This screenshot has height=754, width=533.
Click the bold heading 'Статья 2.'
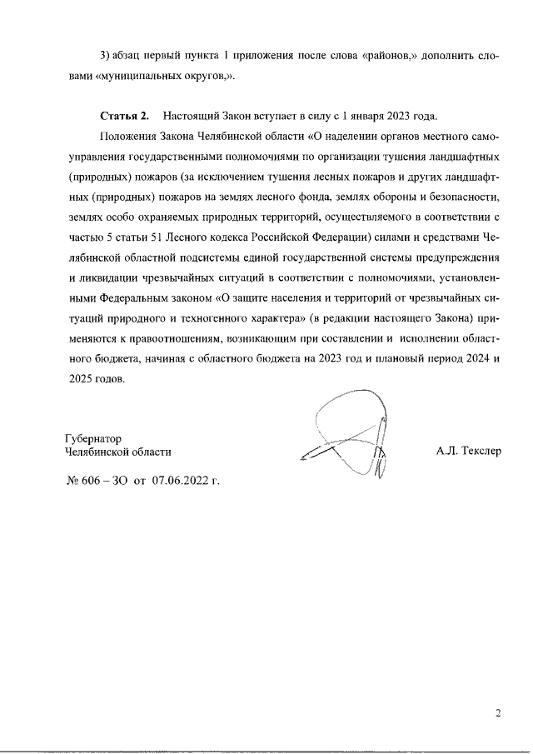[x=123, y=115]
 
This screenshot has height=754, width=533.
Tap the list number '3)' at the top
[x=106, y=55]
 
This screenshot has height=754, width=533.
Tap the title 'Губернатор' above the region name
[x=92, y=438]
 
